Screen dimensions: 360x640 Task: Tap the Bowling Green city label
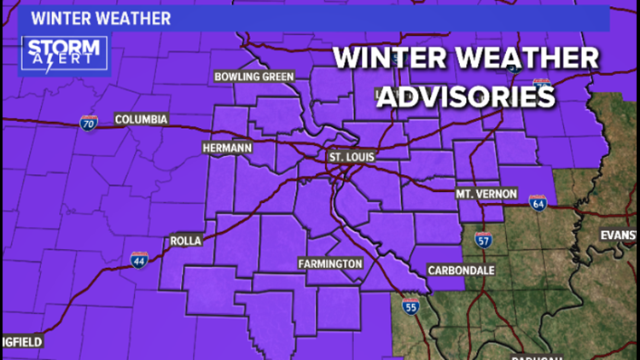(253, 77)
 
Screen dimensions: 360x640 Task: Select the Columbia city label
(141, 119)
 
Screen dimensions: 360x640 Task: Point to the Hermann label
(227, 148)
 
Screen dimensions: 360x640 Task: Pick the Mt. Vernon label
(486, 194)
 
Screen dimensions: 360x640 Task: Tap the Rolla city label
(186, 241)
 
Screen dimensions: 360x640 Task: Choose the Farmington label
(330, 263)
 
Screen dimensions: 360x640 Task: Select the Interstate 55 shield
(410, 307)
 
